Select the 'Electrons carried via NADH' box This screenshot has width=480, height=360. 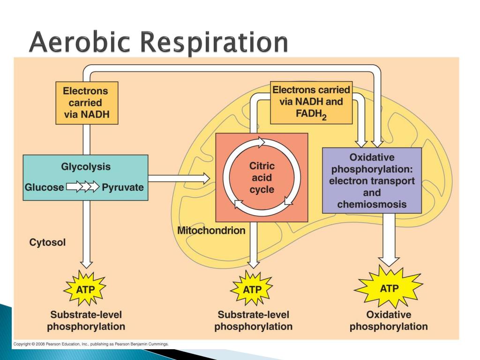tap(86, 103)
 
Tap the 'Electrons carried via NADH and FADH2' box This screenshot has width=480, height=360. tap(311, 103)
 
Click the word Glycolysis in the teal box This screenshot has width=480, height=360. tap(86, 166)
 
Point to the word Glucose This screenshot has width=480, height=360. tap(44, 187)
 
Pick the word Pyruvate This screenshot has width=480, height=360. tap(123, 187)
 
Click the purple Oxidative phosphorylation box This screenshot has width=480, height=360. tap(372, 180)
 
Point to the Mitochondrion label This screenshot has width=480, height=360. tap(211, 230)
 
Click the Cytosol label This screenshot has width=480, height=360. tap(47, 242)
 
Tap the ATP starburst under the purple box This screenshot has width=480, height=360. tap(389, 288)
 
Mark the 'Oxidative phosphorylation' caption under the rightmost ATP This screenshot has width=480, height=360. tap(389, 321)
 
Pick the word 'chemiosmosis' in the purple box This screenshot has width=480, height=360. tap(372, 204)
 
